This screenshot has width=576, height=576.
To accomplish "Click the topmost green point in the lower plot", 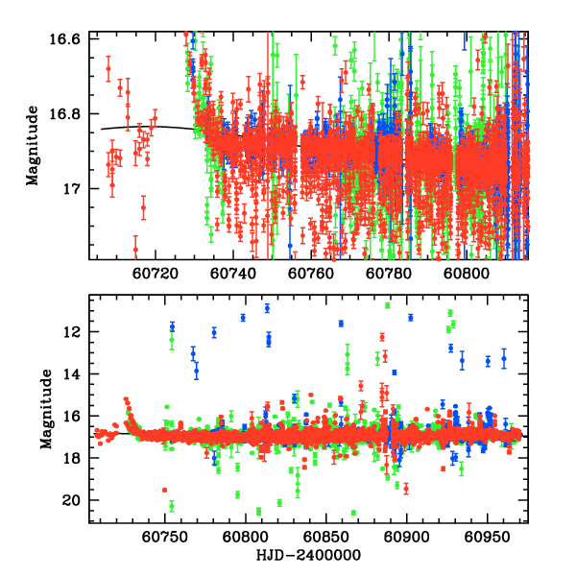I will pos(388,305).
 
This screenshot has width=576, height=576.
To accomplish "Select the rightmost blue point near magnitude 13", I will pos(504,359).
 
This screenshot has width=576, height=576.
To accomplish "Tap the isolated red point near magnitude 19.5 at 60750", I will pos(164,490).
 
